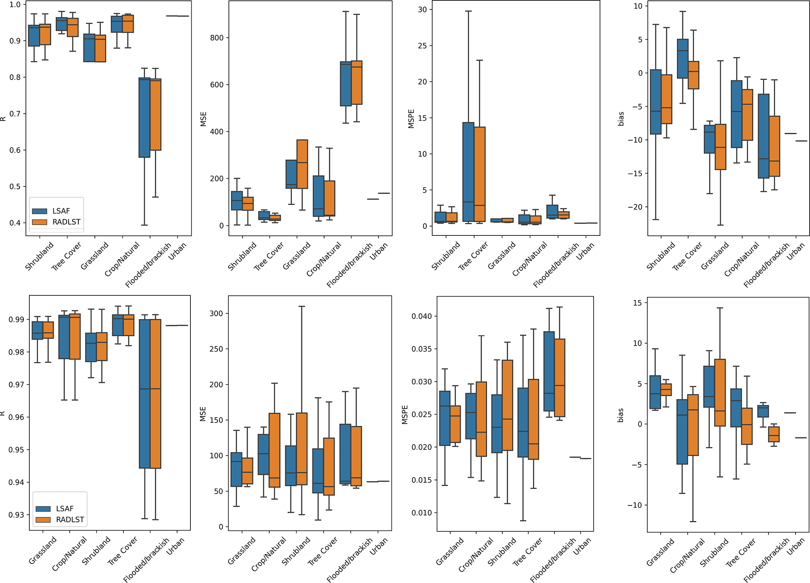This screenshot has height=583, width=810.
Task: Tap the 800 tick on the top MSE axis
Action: coord(217,38)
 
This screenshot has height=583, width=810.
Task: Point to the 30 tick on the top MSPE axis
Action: coord(422,10)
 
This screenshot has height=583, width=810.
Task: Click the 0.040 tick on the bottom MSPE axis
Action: coord(421,316)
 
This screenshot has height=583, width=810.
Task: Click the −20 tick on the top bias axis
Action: coord(635,207)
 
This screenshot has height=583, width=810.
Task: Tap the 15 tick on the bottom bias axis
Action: coord(638,303)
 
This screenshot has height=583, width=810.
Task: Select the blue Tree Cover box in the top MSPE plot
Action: coord(468,172)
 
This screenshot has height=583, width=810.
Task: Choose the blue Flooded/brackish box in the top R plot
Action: coord(145,118)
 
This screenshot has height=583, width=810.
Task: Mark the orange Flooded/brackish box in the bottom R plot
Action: coord(156,394)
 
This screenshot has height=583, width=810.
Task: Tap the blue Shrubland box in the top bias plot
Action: coord(656,102)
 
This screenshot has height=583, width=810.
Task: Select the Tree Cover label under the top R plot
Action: coord(66,256)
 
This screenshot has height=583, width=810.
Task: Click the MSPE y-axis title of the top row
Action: coord(411,119)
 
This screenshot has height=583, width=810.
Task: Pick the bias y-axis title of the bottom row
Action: coord(620,415)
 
